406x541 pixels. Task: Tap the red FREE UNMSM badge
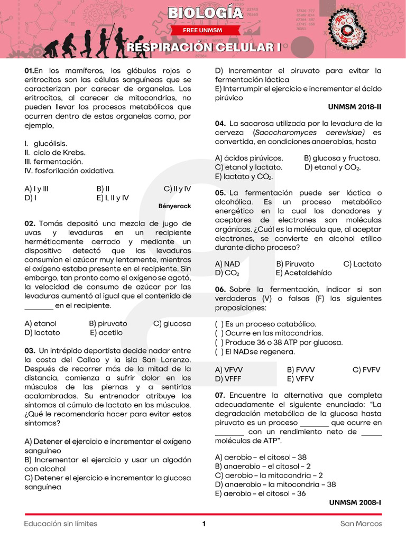(202, 31)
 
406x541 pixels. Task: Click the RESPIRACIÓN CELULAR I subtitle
(204, 48)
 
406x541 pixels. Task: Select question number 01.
(29, 71)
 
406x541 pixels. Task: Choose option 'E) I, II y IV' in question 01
(113, 198)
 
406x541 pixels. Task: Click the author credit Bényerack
(174, 206)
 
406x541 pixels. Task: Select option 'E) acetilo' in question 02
(106, 332)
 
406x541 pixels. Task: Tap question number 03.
(30, 350)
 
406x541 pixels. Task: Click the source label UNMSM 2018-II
(354, 107)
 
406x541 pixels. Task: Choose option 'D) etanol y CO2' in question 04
(333, 167)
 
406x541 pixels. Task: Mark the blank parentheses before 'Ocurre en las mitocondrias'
(219, 333)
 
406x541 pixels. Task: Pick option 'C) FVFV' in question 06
(366, 370)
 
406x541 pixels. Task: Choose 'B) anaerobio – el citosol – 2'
(263, 466)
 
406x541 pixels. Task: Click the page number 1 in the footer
(204, 524)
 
